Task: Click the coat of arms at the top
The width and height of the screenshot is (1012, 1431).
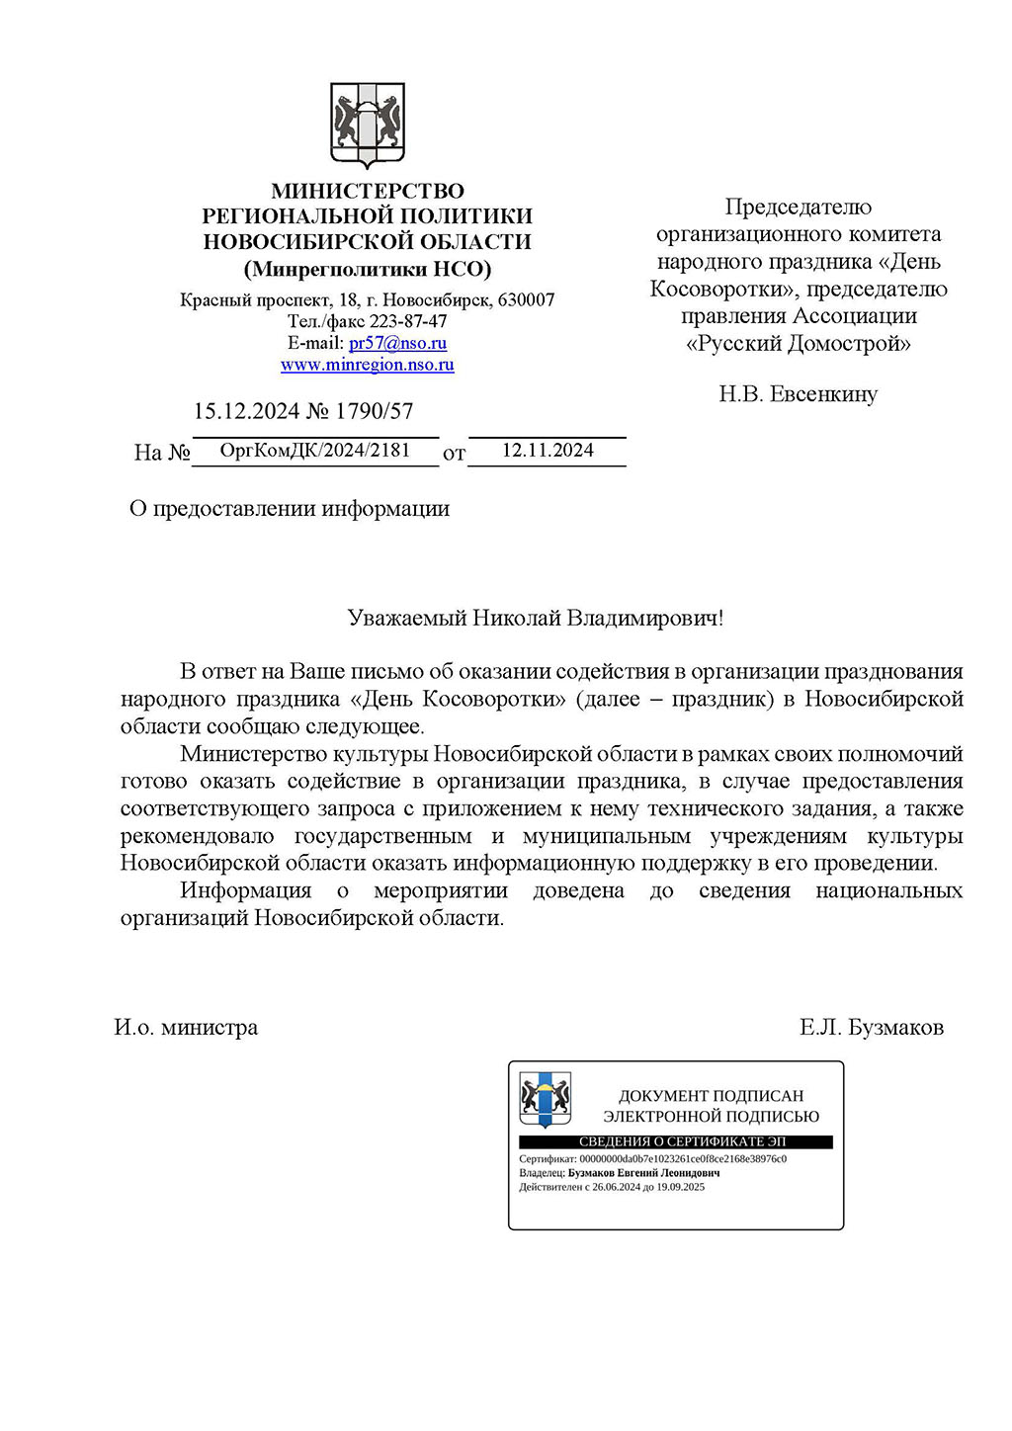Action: [x=367, y=126]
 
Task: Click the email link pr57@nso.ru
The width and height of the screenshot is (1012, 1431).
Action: [x=397, y=343]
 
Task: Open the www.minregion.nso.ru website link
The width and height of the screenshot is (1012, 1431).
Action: [x=367, y=365]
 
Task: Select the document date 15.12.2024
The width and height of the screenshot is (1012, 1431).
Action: [x=245, y=411]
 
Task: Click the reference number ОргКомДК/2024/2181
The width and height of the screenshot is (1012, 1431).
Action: [x=314, y=451]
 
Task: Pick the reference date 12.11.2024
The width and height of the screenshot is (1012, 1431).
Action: [x=548, y=451]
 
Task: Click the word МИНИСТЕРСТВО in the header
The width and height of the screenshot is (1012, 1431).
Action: [x=367, y=191]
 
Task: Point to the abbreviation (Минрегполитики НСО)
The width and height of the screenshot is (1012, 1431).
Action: [x=367, y=269]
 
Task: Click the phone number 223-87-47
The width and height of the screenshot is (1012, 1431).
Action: [x=407, y=321]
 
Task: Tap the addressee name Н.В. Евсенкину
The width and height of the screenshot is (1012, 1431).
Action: [x=798, y=394]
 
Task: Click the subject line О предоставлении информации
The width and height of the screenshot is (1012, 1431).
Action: [x=290, y=509]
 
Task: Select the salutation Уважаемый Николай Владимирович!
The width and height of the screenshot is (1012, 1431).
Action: [x=535, y=619]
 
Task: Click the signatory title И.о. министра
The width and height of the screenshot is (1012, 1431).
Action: [x=186, y=1028]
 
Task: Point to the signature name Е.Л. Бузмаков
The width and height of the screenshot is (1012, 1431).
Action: [x=871, y=1028]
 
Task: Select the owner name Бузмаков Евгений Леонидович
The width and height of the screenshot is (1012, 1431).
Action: [x=643, y=1173]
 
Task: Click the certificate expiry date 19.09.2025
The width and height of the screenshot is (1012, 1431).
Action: [x=680, y=1187]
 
